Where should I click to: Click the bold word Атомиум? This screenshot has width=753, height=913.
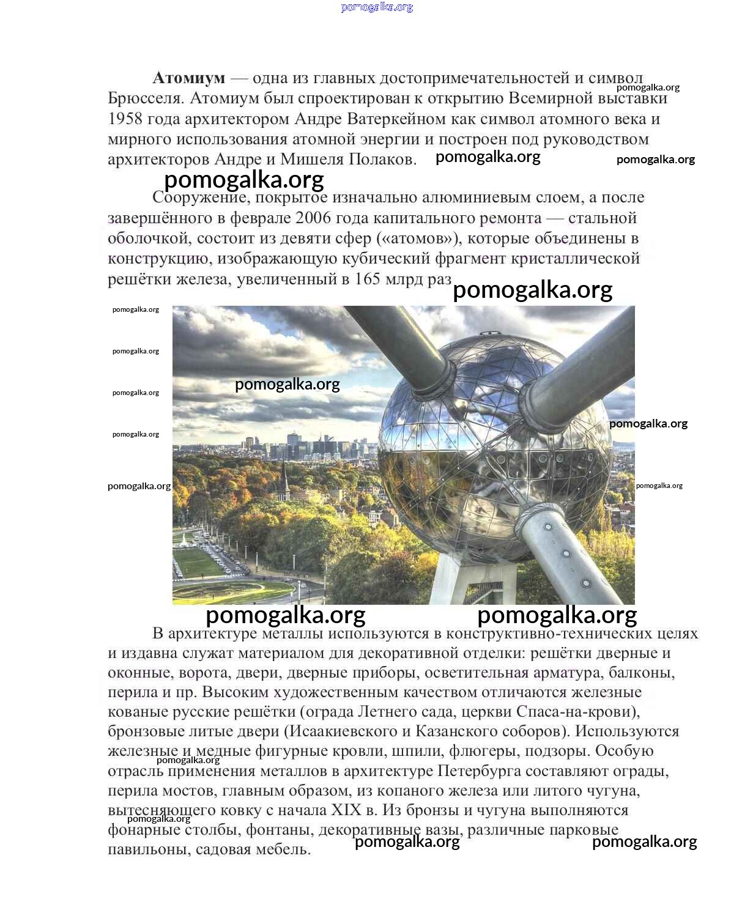point(188,78)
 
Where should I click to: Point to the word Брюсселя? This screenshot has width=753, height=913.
point(144,98)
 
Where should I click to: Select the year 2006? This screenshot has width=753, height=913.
point(314,218)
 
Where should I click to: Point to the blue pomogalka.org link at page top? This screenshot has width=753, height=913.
point(377,7)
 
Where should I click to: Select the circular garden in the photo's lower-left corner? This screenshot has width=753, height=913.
point(232,590)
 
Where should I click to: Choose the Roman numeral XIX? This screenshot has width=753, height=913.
point(346,810)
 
